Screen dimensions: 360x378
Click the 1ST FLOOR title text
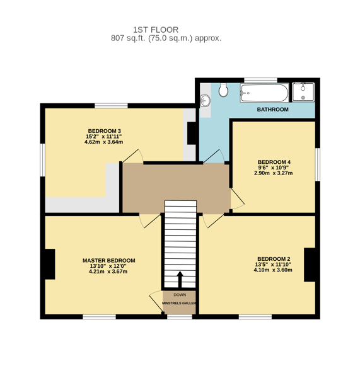(156, 30)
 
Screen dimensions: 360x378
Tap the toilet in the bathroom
(223, 90)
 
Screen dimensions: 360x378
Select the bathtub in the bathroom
(264, 93)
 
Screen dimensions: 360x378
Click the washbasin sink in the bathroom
(205, 101)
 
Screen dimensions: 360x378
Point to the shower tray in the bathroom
(303, 92)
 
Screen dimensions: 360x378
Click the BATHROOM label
(272, 110)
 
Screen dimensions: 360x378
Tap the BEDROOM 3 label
(104, 131)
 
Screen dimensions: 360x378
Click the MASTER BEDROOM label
(109, 261)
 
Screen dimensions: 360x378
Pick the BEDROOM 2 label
(274, 259)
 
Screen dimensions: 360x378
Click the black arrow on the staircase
(180, 280)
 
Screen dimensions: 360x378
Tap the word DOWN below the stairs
(180, 295)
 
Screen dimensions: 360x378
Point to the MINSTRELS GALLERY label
(179, 303)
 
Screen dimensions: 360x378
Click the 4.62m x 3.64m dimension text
(104, 142)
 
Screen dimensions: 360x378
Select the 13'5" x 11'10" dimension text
(273, 265)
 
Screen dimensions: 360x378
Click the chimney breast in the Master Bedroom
(50, 264)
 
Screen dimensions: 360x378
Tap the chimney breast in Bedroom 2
(310, 265)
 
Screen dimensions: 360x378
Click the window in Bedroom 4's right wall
(318, 164)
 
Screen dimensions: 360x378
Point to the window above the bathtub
(260, 80)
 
